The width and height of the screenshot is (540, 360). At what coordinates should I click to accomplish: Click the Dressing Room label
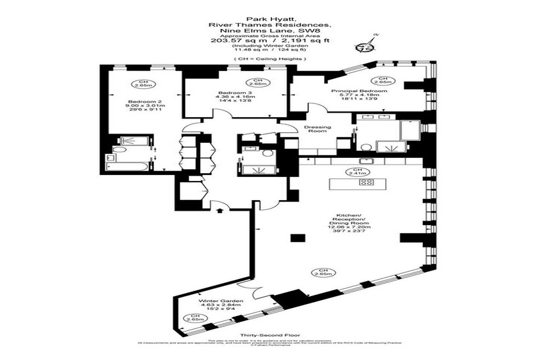point(317,129)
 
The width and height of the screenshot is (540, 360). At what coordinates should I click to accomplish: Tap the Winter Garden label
point(218,301)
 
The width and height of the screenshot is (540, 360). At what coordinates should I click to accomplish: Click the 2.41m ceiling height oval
point(358,172)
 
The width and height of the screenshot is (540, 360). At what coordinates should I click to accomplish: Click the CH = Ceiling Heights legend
point(269,59)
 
